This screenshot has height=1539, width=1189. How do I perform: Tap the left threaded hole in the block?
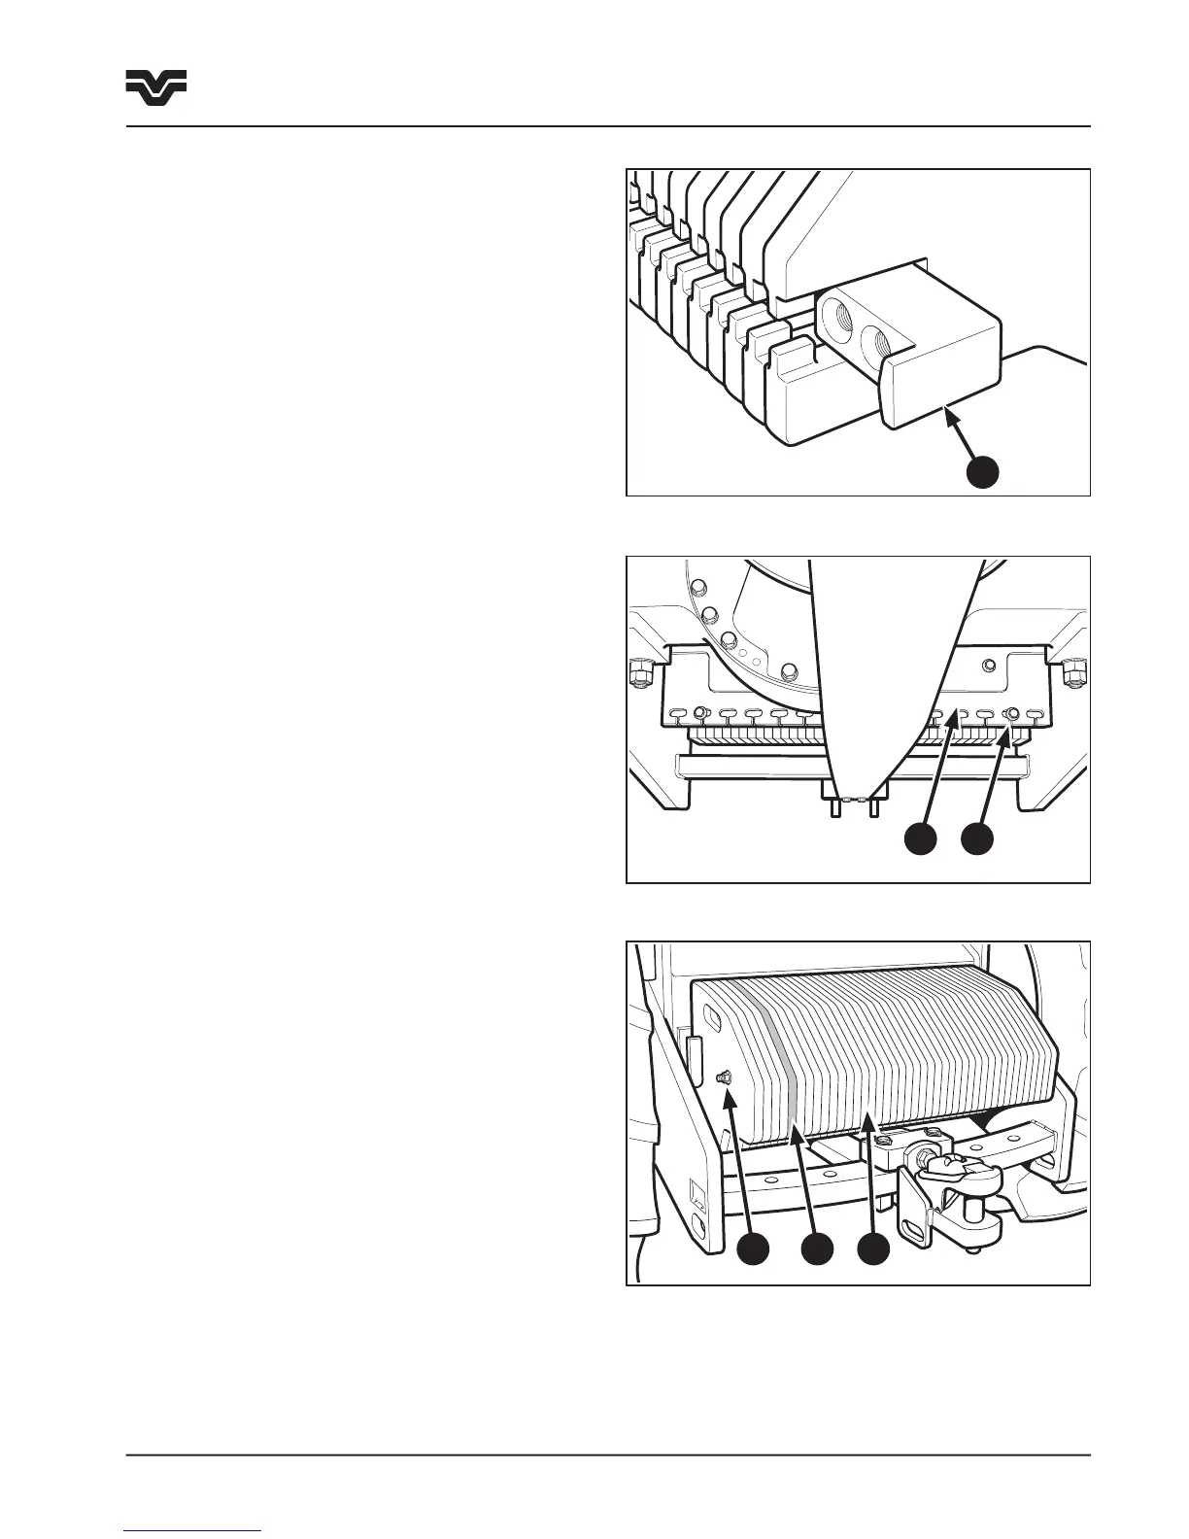tap(836, 318)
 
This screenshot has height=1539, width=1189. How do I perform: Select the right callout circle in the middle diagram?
tap(978, 838)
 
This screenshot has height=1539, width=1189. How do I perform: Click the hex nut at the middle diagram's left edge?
tap(639, 671)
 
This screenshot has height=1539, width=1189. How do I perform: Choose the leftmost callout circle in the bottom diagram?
tap(753, 1249)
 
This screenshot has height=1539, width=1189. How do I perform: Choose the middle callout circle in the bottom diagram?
tap(816, 1249)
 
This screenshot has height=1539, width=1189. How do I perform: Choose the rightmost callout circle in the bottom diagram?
tap(873, 1249)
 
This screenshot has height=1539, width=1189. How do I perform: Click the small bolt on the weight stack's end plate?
tap(724, 1077)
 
